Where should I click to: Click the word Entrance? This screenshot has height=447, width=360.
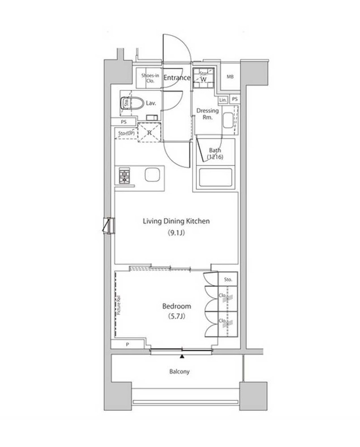pyautogui.click(x=177, y=78)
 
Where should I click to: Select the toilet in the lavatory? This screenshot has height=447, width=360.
pyautogui.click(x=133, y=104)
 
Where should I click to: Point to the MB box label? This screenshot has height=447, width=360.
pyautogui.click(x=230, y=77)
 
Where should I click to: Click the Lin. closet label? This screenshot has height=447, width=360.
pyautogui.click(x=224, y=99)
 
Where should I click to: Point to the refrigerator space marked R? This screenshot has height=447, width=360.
pyautogui.click(x=149, y=132)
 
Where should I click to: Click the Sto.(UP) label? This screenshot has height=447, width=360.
pyautogui.click(x=126, y=133)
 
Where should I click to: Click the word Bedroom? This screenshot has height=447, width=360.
pyautogui.click(x=176, y=307)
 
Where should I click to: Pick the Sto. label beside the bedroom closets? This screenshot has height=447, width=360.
pyautogui.click(x=229, y=279)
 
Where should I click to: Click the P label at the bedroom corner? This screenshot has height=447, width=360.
pyautogui.click(x=127, y=344)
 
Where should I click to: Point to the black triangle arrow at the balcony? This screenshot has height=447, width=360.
pyautogui.click(x=182, y=356)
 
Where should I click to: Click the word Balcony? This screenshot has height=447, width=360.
pyautogui.click(x=179, y=371)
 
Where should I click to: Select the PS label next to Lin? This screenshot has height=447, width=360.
pyautogui.click(x=235, y=99)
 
